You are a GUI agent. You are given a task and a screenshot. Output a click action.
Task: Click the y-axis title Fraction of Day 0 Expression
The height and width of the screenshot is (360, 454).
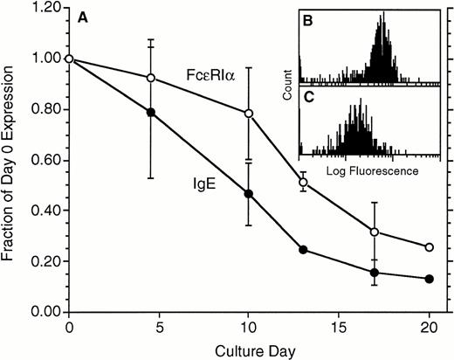point(11,159)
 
